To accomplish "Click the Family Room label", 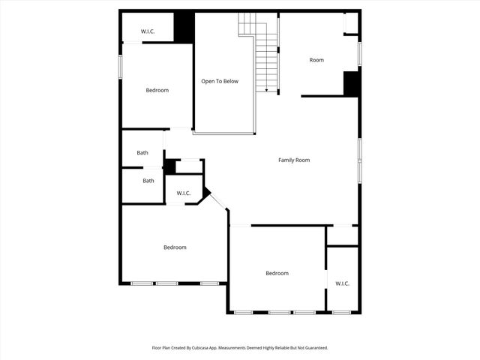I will point(294,160).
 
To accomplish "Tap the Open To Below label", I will point(220,81).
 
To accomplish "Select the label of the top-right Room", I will point(316,60).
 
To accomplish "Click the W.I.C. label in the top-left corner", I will point(148,31).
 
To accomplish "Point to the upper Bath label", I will point(142,153).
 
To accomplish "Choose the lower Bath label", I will point(148,180).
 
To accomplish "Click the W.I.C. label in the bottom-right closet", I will point(343,283).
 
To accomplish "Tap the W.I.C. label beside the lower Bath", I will point(184,193).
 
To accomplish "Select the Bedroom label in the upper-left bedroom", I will point(157,90).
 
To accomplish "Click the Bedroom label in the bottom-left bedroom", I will point(175,247).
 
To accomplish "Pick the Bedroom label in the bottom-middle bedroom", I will point(277,273).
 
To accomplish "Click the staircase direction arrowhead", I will point(266,90).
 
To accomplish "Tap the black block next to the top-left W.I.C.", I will point(184,28).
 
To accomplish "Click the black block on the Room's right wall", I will point(352,82).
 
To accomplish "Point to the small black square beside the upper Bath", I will point(169,166).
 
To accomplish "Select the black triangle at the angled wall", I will point(205,193).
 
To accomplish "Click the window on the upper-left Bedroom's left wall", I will point(121,66).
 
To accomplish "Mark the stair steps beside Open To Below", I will point(267,60).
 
